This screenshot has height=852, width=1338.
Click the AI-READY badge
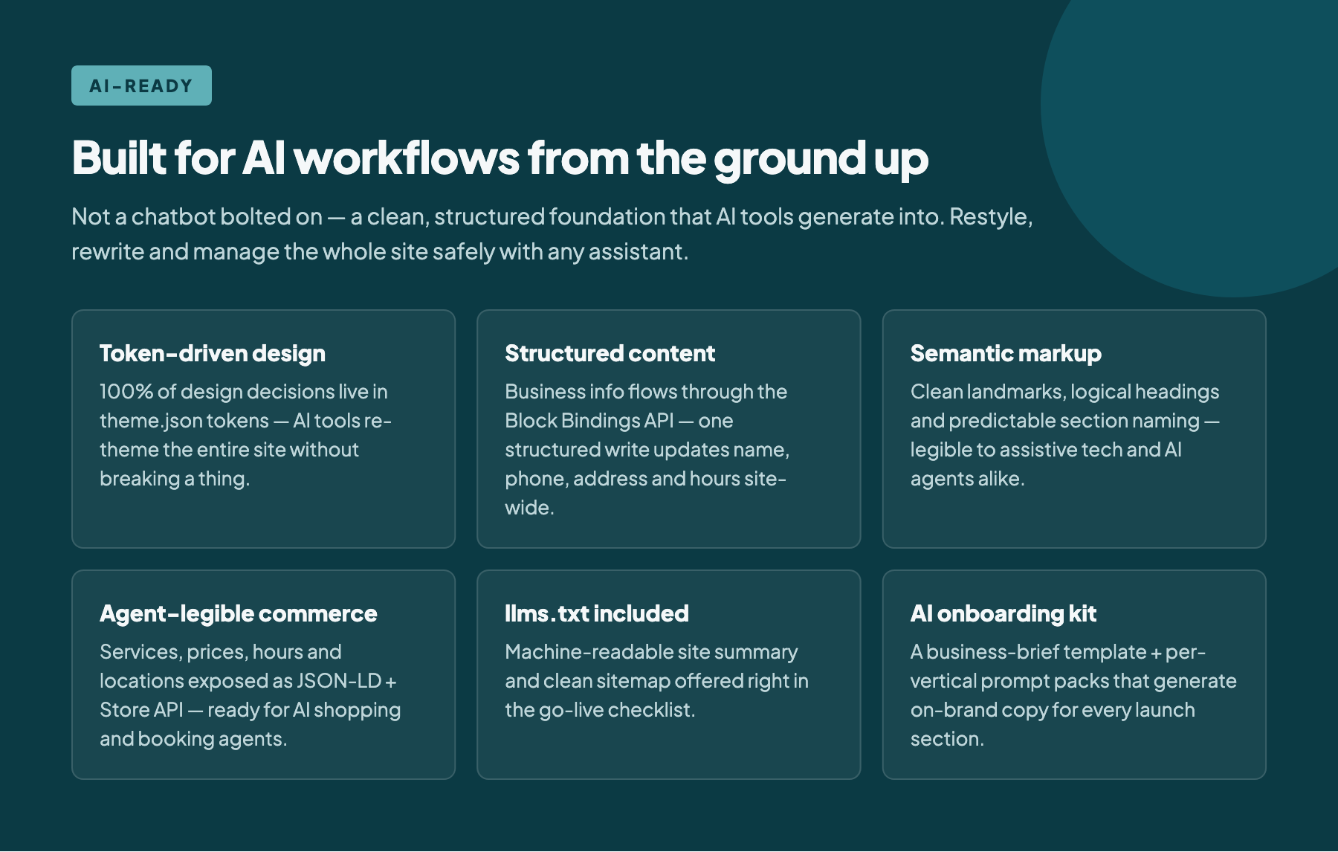pos(141,85)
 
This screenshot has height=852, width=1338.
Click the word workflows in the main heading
pos(407,158)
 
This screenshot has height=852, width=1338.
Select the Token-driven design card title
pos(213,353)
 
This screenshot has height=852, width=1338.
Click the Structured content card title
pos(610,353)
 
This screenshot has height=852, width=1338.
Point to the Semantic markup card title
pos(1006,353)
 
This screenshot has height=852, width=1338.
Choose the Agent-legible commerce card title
pos(238,613)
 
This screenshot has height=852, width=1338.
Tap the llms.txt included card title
pos(596,613)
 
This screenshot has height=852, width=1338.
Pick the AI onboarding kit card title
pos(1003,613)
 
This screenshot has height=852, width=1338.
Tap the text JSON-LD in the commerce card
pos(338,681)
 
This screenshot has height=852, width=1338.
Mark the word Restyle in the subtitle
pos(991,216)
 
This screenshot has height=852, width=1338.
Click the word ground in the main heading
pos(789,159)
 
